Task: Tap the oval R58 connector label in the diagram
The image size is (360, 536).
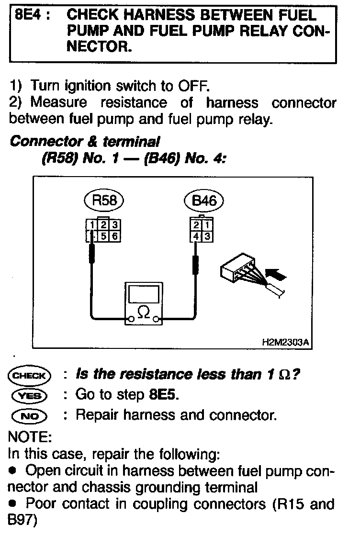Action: (x=105, y=201)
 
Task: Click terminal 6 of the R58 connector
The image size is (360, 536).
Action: (x=116, y=235)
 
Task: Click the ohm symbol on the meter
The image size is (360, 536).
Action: (x=143, y=313)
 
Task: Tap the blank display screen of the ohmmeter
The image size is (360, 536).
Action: (x=143, y=293)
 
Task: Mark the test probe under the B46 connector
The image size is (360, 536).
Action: (x=194, y=265)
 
